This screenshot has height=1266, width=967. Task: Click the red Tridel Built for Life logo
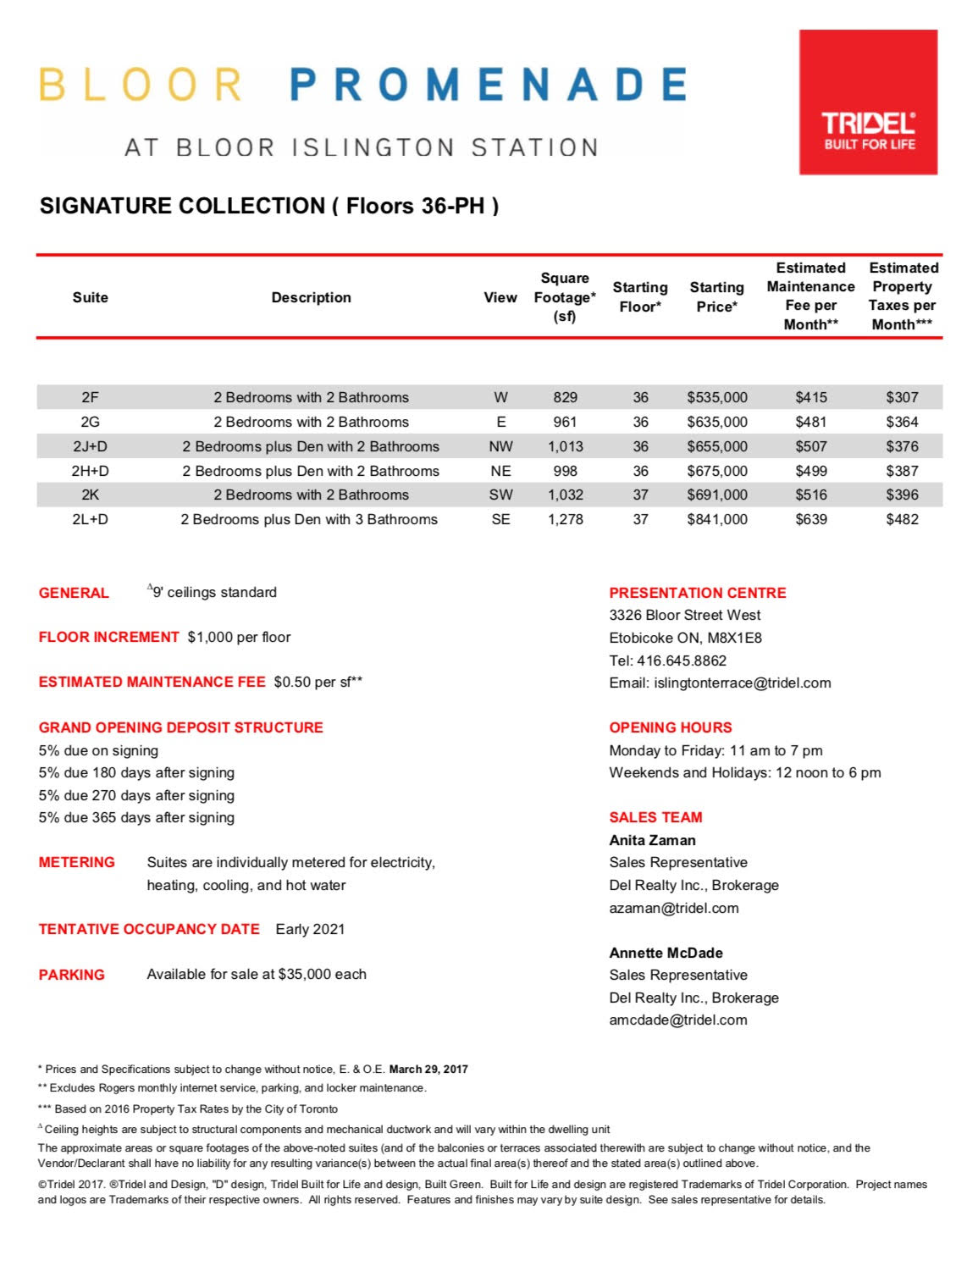(868, 102)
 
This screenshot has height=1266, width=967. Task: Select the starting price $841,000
(716, 519)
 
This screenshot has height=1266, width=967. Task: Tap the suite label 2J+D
(90, 446)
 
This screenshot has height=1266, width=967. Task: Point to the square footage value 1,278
(565, 519)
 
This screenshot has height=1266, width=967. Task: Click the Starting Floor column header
(639, 297)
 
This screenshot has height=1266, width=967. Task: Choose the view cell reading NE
(500, 471)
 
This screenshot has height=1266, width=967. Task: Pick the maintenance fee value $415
(810, 397)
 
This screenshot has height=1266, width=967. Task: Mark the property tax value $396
(902, 495)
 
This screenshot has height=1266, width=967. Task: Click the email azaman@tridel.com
(673, 908)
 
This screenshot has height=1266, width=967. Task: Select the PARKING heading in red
(72, 975)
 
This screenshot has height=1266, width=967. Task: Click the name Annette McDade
(666, 953)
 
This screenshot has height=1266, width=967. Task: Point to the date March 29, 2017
(428, 1070)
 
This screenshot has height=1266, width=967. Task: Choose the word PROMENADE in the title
(488, 86)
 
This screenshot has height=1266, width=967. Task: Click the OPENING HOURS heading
(670, 727)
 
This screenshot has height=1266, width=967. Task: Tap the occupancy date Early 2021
(310, 929)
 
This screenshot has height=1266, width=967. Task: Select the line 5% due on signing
(98, 750)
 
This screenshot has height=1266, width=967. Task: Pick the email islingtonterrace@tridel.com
(742, 683)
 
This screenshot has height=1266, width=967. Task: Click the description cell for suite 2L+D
(309, 519)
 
